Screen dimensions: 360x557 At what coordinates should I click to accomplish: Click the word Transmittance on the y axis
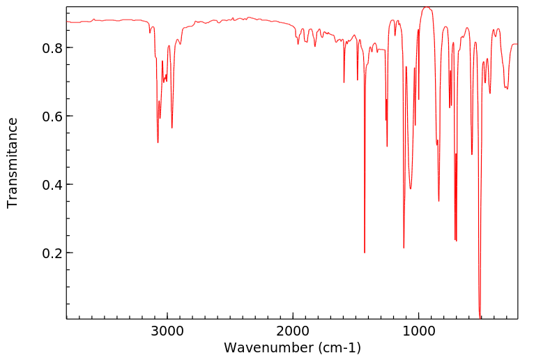click(x=13, y=163)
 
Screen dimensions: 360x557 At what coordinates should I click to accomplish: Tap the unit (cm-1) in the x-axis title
click(x=339, y=347)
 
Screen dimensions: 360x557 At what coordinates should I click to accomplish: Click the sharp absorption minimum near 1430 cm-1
click(x=365, y=253)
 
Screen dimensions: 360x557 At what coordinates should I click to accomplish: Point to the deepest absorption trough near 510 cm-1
click(x=480, y=317)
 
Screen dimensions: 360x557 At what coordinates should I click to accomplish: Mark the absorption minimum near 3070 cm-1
click(x=158, y=143)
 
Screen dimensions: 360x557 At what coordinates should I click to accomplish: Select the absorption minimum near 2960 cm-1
click(x=172, y=128)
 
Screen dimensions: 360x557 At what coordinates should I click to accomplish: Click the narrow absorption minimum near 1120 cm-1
click(x=404, y=248)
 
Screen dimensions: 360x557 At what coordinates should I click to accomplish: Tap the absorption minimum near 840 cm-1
click(x=438, y=201)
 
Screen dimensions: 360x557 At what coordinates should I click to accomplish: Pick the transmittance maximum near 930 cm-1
click(x=427, y=8)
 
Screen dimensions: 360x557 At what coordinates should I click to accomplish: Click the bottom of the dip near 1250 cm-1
click(x=387, y=147)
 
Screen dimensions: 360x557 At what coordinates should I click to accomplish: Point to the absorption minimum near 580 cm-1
click(x=472, y=154)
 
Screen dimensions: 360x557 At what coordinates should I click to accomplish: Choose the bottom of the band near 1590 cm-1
click(x=344, y=82)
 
